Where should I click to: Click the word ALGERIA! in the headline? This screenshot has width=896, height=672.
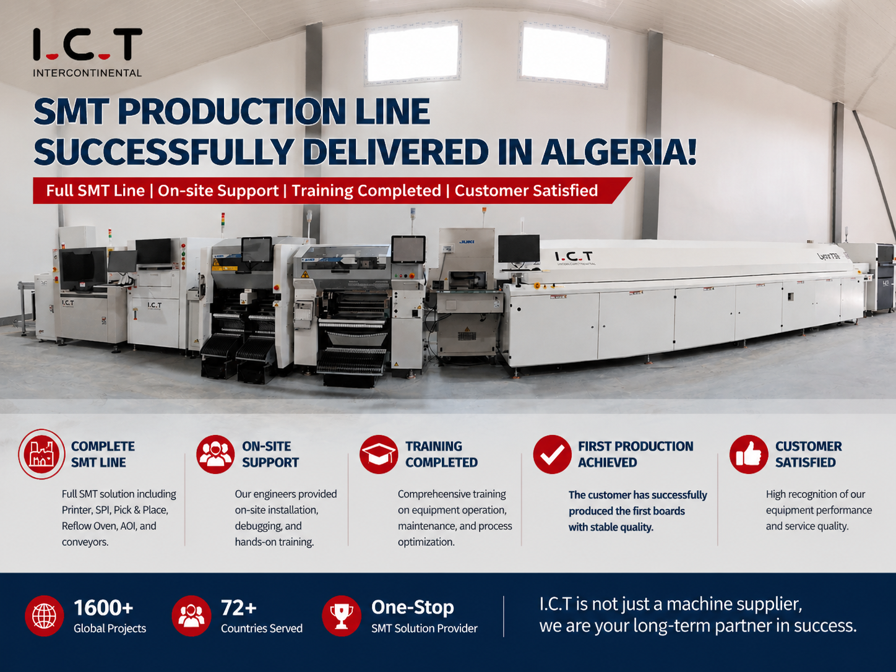[619, 152]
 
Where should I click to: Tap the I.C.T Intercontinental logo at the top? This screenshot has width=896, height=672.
[87, 53]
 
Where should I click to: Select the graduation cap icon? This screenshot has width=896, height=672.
[379, 454]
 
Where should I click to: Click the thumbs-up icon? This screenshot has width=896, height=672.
[749, 454]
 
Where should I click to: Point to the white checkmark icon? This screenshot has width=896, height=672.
[552, 454]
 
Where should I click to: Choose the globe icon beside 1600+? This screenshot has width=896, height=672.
[44, 616]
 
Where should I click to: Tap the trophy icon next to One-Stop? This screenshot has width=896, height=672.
[341, 616]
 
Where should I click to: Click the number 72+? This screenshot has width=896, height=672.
[239, 608]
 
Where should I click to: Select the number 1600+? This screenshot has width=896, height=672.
[103, 608]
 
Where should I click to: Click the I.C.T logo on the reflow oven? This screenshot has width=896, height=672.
[574, 257]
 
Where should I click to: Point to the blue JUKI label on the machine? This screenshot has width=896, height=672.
[467, 242]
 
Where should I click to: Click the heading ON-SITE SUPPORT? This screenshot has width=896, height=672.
[270, 454]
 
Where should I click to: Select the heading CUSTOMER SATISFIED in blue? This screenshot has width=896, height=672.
[808, 454]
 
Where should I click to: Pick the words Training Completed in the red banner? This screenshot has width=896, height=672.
[366, 191]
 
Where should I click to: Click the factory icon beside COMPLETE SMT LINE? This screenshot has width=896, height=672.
[41, 454]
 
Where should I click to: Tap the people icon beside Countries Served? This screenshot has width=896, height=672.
[191, 616]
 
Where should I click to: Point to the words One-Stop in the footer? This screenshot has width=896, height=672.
[412, 607]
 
